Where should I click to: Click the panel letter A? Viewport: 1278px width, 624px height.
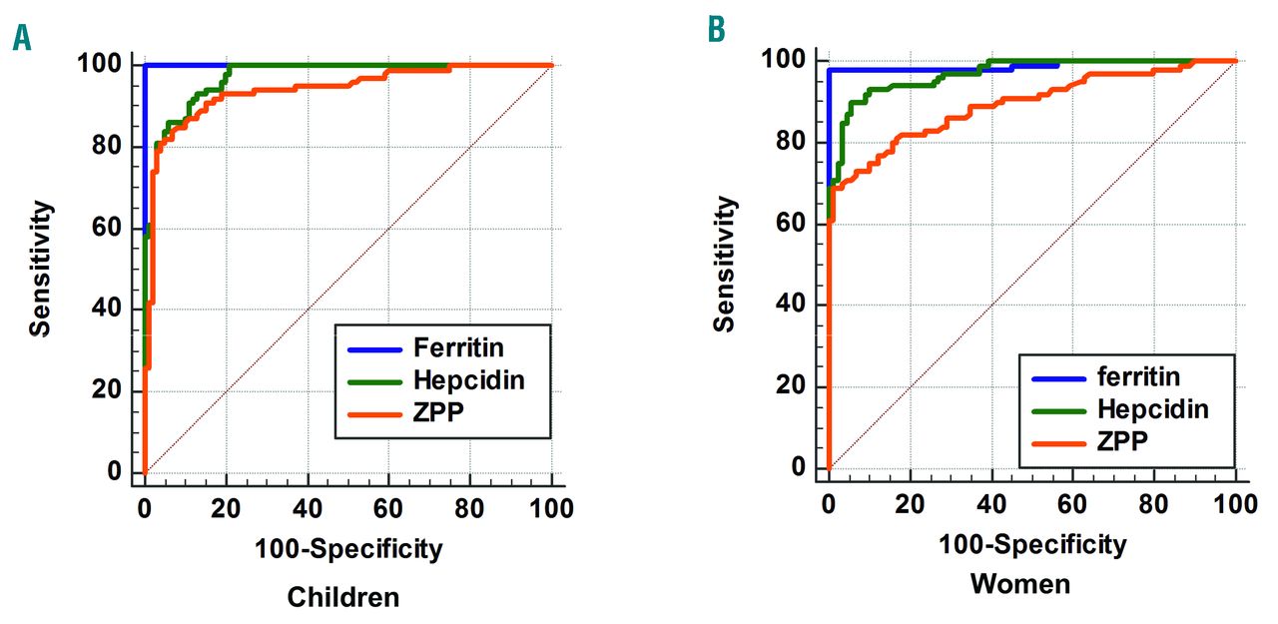pos(21,39)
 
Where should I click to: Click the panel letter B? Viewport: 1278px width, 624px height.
pos(716,30)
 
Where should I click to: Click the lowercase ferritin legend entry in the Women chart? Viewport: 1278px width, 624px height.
pos(1137,376)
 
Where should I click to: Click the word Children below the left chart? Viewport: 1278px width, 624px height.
pos(342,597)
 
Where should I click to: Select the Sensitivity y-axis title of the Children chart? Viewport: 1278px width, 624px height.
pos(39,269)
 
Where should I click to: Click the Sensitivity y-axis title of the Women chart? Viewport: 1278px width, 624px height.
pos(725,264)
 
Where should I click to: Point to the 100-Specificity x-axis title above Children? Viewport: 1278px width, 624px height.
pos(347,547)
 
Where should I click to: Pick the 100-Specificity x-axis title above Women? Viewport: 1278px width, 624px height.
pos(1032,544)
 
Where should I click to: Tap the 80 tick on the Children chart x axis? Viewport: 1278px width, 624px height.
pos(470,508)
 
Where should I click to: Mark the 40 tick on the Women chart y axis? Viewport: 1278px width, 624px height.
pos(794,305)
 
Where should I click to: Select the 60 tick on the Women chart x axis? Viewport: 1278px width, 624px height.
pos(1072,503)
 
